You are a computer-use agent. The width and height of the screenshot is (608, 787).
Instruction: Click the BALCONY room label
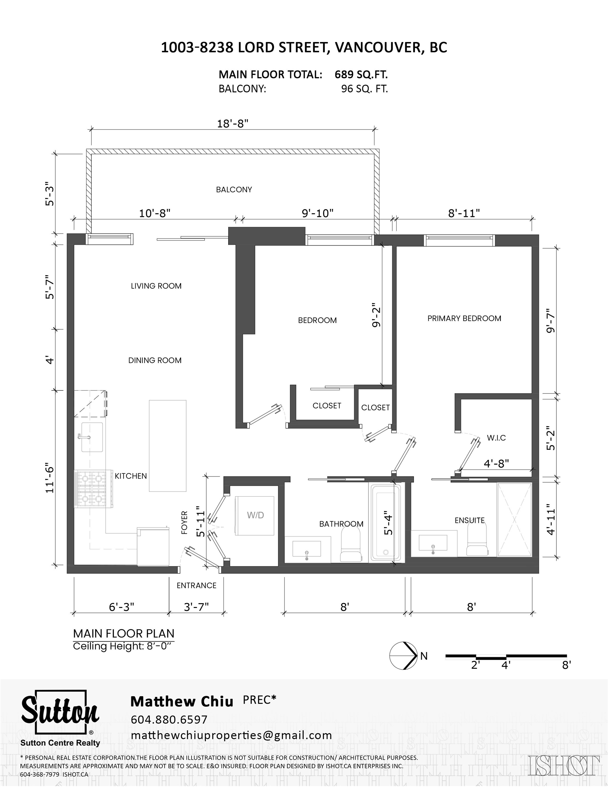point(234,190)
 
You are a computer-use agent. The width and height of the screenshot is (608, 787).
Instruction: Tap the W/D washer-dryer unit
point(254,516)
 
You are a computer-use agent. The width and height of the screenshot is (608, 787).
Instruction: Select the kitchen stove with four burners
point(91,489)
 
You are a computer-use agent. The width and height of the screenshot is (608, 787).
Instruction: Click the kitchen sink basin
point(92,437)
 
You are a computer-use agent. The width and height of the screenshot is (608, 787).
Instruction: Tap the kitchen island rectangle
point(168,446)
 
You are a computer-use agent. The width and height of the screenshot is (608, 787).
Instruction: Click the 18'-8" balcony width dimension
point(233,124)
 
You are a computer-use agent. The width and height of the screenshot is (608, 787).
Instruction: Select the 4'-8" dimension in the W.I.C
point(496,464)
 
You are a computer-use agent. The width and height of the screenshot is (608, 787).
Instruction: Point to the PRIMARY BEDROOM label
point(464,318)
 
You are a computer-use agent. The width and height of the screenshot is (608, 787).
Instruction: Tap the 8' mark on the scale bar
point(566,665)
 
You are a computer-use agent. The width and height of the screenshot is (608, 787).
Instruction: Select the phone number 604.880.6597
point(169,719)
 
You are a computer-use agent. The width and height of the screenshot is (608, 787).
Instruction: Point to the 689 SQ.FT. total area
point(361,74)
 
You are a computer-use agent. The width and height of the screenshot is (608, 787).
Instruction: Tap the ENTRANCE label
point(196,585)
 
